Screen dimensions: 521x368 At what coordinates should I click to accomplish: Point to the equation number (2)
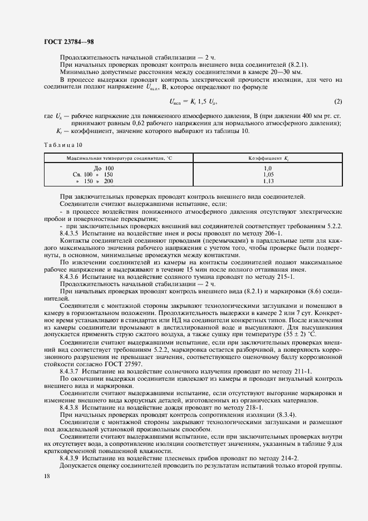point(337,101)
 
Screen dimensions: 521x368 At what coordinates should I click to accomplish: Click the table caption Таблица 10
point(63,145)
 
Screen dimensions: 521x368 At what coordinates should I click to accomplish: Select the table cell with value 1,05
point(268,174)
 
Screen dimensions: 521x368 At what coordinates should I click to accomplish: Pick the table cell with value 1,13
point(268,181)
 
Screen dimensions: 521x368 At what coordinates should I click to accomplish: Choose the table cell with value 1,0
point(268,168)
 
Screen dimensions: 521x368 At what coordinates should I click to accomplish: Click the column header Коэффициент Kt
point(268,159)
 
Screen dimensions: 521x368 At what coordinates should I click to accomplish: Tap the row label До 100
point(104,168)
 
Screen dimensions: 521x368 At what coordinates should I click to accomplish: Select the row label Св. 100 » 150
point(90,174)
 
